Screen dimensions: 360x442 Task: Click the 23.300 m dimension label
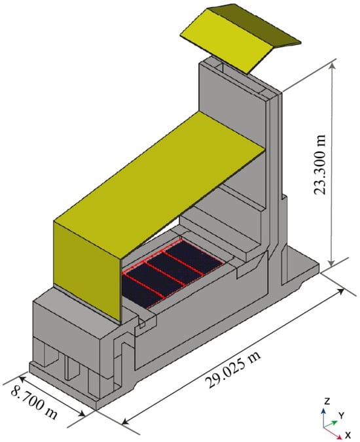click(319, 164)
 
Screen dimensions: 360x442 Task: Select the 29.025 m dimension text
click(233, 369)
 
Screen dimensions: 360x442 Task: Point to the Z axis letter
click(327, 401)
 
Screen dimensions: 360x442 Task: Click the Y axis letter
click(342, 415)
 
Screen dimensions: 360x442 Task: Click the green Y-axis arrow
click(331, 424)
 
